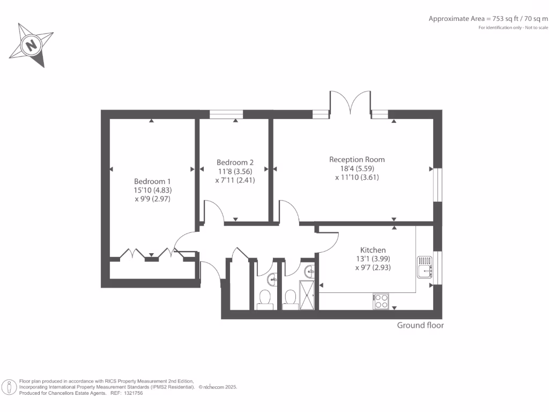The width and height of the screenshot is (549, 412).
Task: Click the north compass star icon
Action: point(32,45)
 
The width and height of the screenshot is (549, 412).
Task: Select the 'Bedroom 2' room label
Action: point(235,163)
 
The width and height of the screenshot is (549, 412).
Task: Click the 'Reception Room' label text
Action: point(357,159)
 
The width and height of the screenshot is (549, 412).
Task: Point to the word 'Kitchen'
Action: point(373,250)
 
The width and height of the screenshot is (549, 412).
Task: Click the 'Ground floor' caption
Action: point(420,325)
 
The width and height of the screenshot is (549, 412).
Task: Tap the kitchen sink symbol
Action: point(425,267)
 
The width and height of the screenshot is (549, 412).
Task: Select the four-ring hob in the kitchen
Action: point(381,301)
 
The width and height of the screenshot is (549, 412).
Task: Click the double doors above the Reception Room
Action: point(350,103)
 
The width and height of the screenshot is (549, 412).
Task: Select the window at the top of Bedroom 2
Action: point(226,114)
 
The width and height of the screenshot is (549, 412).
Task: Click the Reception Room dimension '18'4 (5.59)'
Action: point(357,168)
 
